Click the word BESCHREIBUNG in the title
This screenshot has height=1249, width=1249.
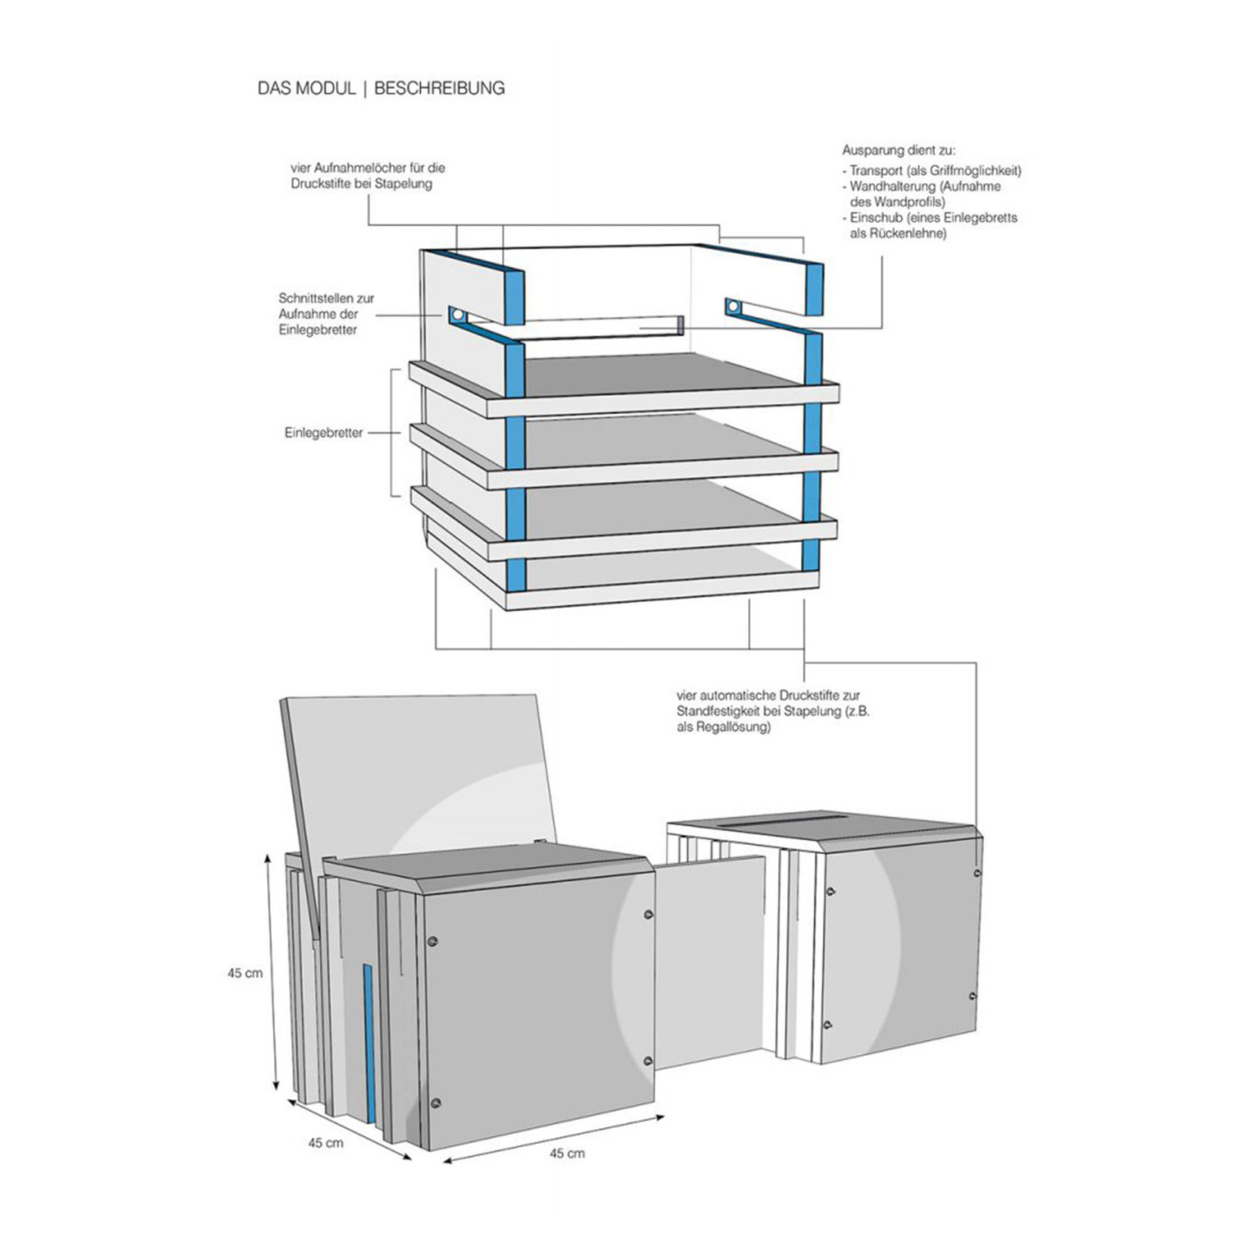[439, 89]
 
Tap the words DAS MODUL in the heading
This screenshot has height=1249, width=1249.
[306, 89]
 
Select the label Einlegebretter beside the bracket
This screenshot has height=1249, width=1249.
[324, 433]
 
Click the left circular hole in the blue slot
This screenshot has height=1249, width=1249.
[456, 313]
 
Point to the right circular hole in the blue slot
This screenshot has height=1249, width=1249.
[733, 307]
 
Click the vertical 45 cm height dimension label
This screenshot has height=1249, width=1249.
[245, 973]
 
